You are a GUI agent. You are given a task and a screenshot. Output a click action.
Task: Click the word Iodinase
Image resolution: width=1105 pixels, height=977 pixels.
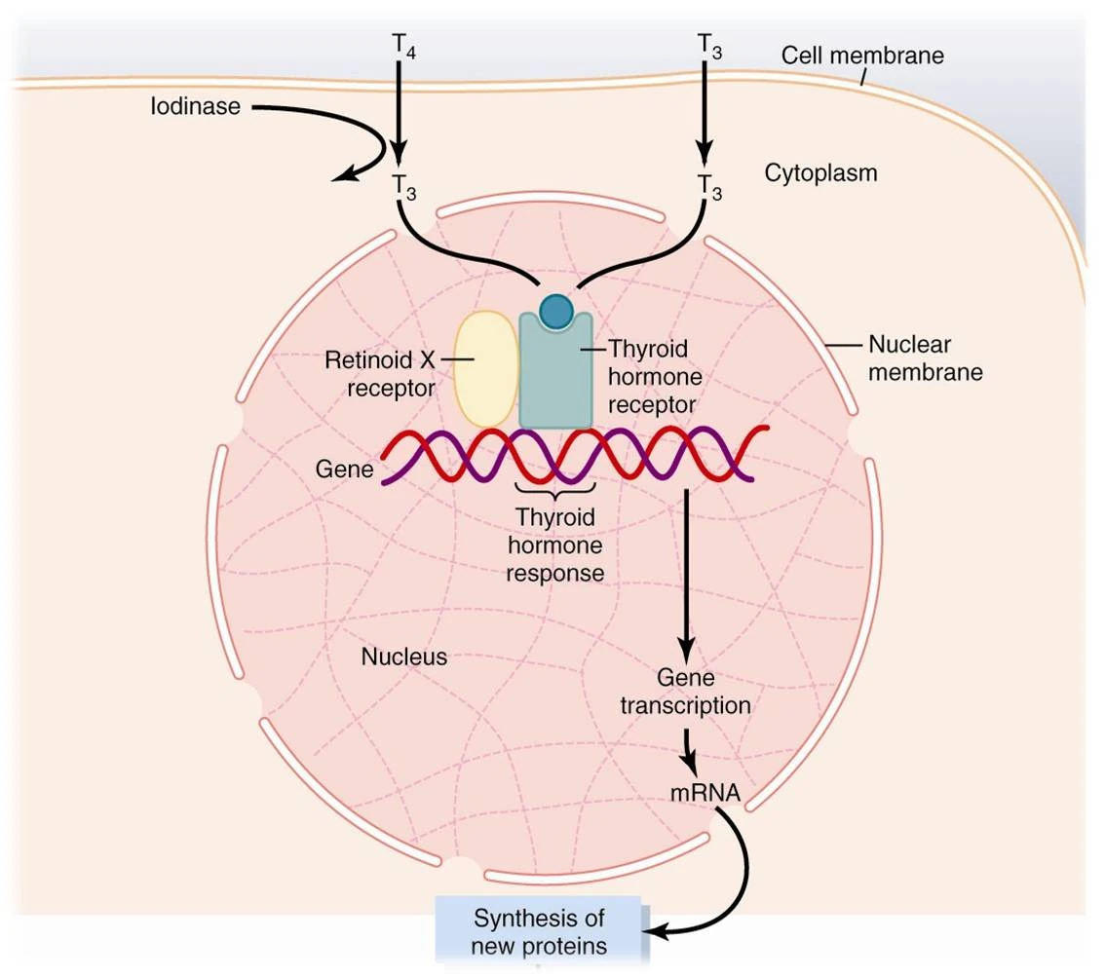tap(195, 106)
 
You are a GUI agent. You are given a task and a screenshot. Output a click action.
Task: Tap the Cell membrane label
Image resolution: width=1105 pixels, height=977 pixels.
tap(862, 55)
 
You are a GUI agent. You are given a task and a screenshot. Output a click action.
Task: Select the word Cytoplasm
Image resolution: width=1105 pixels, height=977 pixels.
tap(820, 173)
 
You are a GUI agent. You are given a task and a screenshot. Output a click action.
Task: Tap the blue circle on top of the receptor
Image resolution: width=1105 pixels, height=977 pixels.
tap(556, 312)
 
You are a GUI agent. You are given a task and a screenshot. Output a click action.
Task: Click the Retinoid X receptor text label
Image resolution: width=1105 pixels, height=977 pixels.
tap(379, 374)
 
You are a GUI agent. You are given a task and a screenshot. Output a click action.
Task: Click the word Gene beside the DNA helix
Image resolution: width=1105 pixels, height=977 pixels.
tap(345, 470)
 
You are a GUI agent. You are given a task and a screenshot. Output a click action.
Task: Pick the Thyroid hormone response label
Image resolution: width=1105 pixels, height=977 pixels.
tap(555, 545)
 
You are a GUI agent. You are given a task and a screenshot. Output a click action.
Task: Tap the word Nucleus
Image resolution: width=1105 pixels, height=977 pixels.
tap(404, 657)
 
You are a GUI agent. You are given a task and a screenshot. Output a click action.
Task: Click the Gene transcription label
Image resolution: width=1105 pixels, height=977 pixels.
tap(686, 691)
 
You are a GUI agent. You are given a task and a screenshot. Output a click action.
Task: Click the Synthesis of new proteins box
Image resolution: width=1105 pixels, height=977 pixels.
tap(539, 931)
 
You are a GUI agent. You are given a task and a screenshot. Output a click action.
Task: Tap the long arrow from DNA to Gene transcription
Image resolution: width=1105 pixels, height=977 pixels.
tap(687, 575)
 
